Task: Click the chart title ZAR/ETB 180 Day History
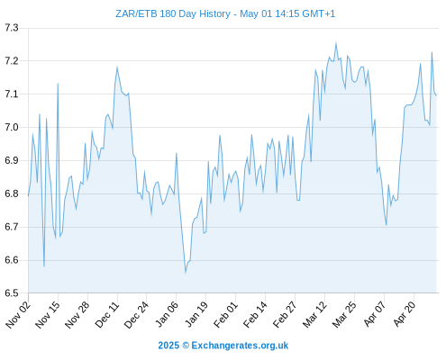pyautogui.click(x=173, y=13)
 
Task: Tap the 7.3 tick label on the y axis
pyautogui.click(x=12, y=28)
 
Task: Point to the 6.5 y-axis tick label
pyautogui.click(x=12, y=293)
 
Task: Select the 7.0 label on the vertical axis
pyautogui.click(x=12, y=127)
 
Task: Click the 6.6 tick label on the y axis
pyautogui.click(x=12, y=260)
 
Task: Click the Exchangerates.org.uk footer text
pyautogui.click(x=240, y=346)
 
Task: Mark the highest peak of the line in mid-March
pyautogui.click(x=336, y=43)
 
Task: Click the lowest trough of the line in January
pyautogui.click(x=186, y=273)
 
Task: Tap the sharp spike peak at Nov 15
pyautogui.click(x=58, y=84)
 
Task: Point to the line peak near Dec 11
pyautogui.click(x=117, y=67)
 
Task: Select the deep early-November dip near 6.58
pyautogui.click(x=44, y=266)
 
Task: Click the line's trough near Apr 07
pyautogui.click(x=387, y=225)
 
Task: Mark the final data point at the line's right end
pyautogui.click(x=436, y=95)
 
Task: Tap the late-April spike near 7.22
pyautogui.click(x=432, y=53)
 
